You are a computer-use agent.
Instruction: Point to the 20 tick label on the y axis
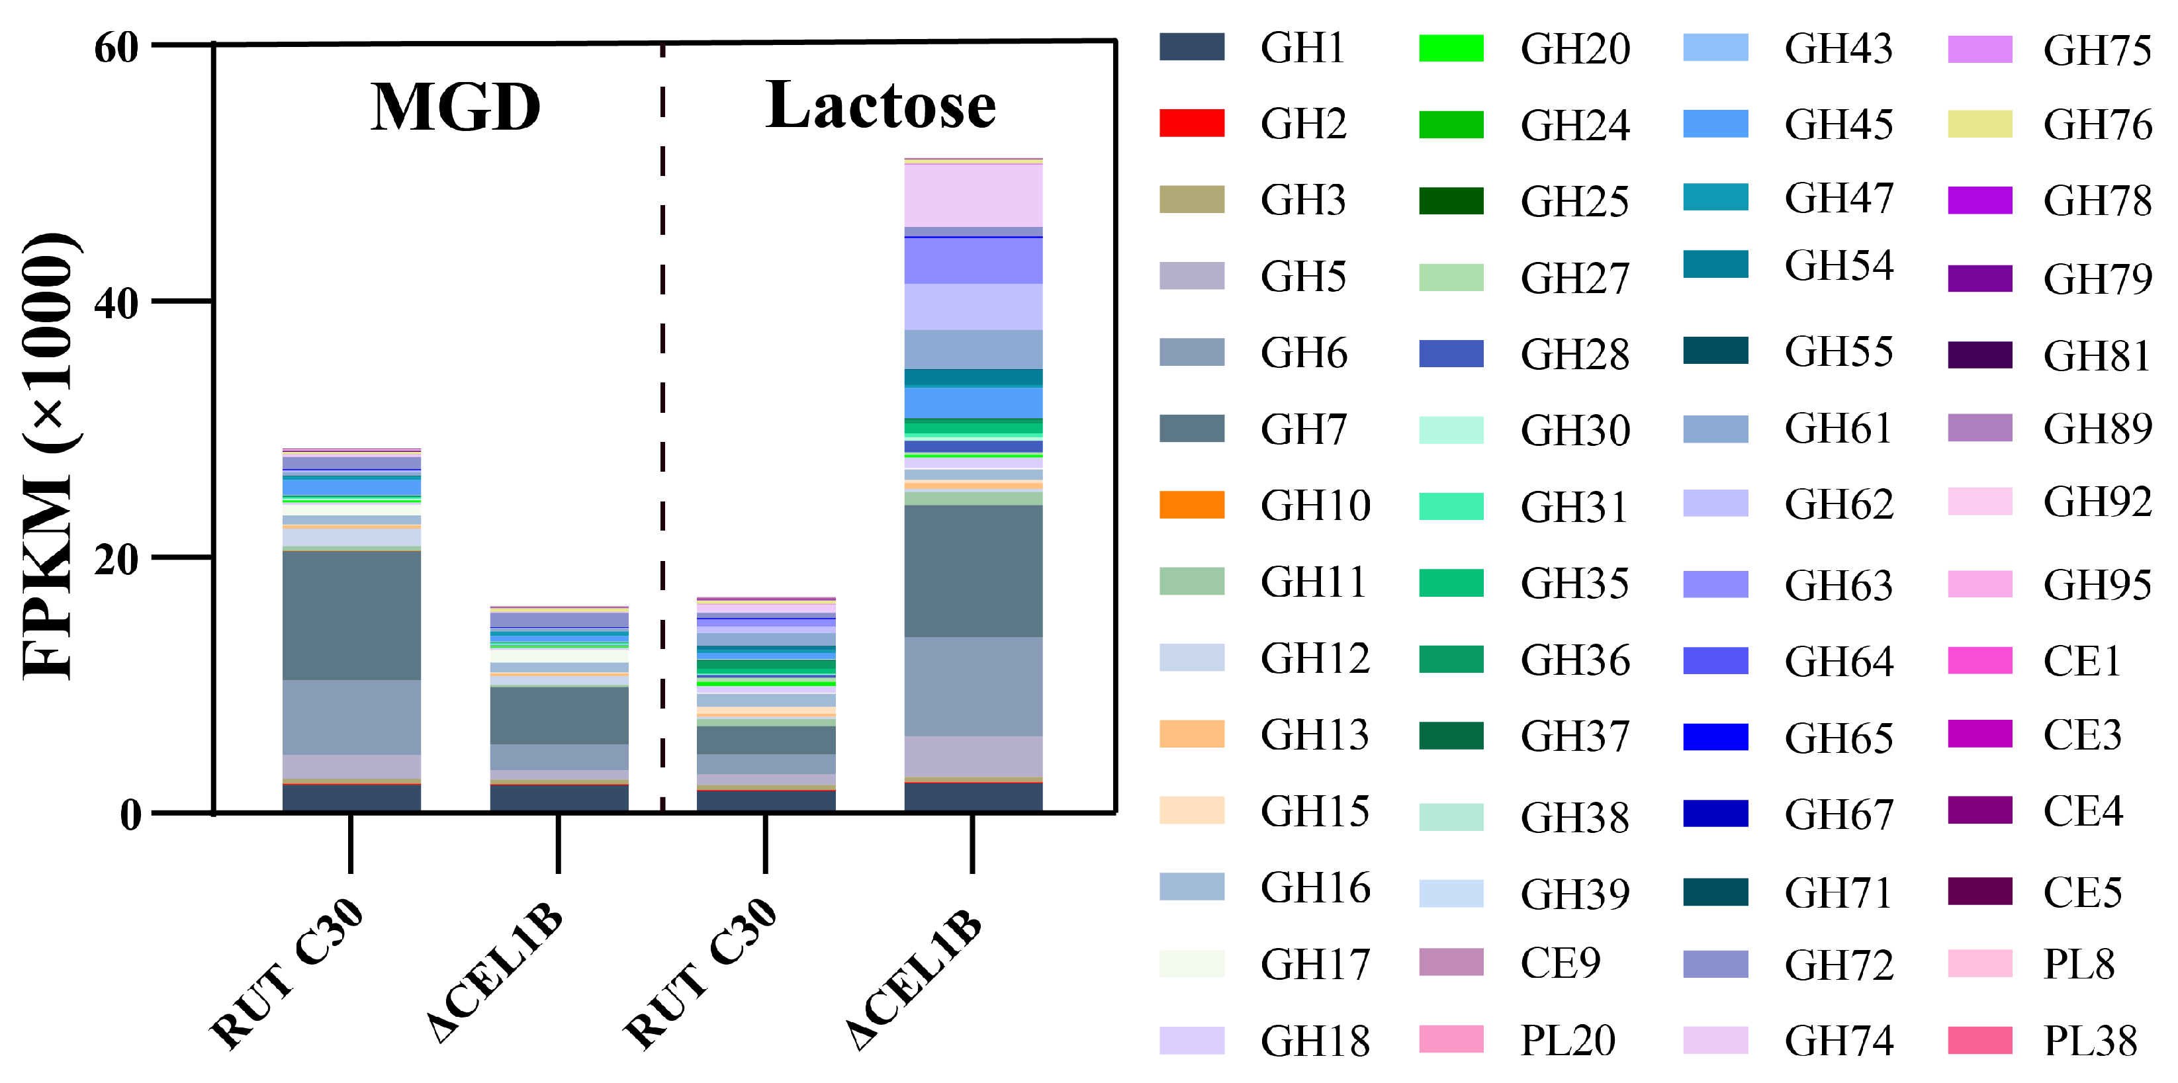pyautogui.click(x=116, y=559)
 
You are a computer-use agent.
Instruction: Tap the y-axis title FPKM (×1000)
pyautogui.click(x=49, y=456)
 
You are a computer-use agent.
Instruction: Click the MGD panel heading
pyautogui.click(x=456, y=107)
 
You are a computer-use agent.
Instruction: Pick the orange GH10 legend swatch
pyautogui.click(x=1191, y=505)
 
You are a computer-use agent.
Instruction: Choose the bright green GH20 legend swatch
pyautogui.click(x=1451, y=48)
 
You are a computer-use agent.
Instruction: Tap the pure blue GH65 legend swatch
pyautogui.click(x=1715, y=737)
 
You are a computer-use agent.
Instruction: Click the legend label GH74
pyautogui.click(x=1839, y=1041)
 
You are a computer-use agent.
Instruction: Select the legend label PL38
pyautogui.click(x=2090, y=1041)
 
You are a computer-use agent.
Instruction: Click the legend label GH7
pyautogui.click(x=1303, y=429)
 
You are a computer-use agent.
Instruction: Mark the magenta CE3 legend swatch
pyautogui.click(x=1979, y=734)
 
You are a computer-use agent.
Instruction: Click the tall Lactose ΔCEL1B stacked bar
pyautogui.click(x=973, y=507)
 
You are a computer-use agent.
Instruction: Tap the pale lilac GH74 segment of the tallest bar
pyautogui.click(x=973, y=195)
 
